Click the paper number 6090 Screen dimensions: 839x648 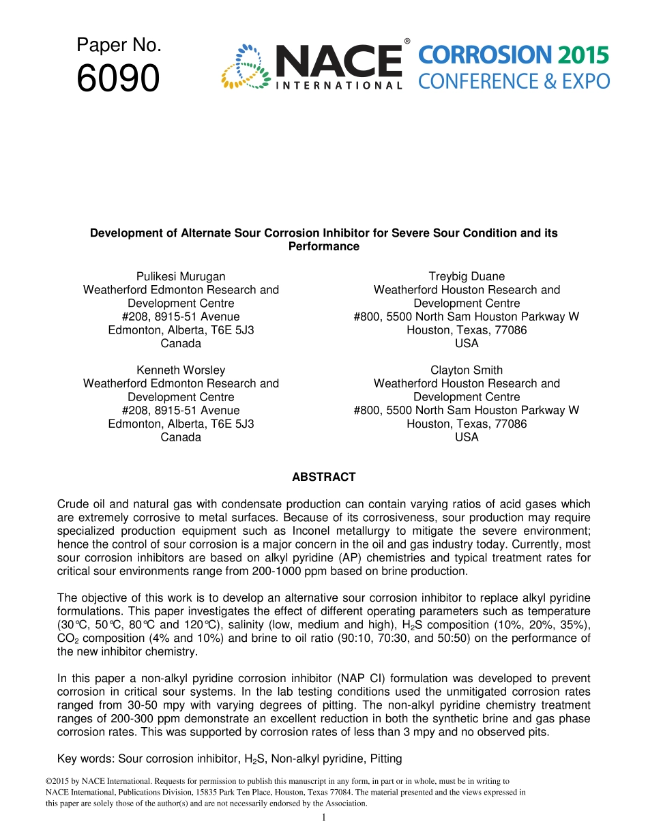118,79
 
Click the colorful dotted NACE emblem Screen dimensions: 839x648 244,67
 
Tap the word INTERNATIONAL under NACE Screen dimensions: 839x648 338,86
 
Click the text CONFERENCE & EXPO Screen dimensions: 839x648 514,82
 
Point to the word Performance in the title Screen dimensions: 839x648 323,246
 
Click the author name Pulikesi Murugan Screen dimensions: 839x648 181,276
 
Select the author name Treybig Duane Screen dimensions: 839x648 467,276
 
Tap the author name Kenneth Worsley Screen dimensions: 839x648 181,370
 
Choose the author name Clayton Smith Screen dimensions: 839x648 467,370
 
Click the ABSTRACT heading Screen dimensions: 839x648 323,477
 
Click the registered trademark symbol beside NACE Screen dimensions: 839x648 407,42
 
